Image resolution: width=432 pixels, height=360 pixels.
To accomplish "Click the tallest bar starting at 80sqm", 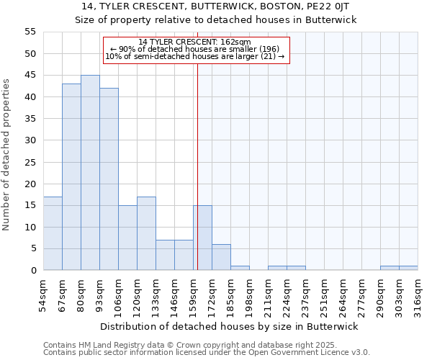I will click(90, 173).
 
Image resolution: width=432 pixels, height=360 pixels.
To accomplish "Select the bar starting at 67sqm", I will click(71, 177).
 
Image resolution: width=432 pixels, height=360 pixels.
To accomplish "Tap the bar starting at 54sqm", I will click(53, 233).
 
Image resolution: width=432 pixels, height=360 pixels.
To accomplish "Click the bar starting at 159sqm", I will click(202, 238).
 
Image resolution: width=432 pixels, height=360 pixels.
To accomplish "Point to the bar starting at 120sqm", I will click(146, 233).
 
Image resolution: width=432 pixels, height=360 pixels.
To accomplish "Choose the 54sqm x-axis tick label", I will click(44, 294).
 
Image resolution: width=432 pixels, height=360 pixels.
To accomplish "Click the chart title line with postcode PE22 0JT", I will click(216, 6).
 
